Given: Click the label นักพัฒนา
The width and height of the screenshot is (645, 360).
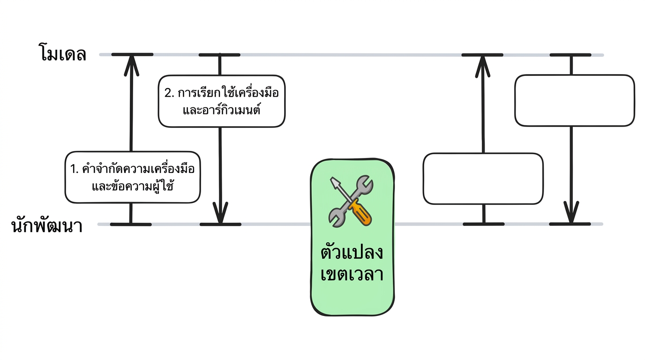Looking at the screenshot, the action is coord(47,226).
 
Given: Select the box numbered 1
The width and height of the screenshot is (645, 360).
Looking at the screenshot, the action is coord(133,177).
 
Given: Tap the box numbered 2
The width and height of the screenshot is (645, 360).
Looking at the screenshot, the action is coord(221,101).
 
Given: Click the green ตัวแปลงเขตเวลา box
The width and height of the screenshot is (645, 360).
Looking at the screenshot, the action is coord(352,237).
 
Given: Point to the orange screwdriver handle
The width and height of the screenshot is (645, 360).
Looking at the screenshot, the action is coord(360,213).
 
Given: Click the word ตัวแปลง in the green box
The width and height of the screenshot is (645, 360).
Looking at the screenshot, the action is coord(352,252).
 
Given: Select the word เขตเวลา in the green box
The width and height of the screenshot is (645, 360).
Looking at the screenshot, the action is coord(352,274).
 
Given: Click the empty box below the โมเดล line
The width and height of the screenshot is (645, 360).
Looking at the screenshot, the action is coord(575,100).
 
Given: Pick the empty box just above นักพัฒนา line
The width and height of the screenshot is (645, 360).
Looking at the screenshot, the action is coord(483,179).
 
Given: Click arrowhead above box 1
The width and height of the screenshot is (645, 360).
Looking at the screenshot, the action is coord(132,66).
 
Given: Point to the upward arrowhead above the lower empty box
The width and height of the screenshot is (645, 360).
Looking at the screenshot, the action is coord(483,66).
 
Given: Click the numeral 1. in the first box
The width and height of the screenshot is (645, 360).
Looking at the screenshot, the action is coord(74,169).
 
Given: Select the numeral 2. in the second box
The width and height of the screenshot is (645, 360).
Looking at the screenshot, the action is coord(169,93).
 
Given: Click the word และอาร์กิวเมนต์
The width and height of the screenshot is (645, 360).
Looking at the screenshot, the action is coord(222,110).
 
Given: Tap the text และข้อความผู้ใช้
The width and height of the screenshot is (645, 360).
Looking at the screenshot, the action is coord(133,186).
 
